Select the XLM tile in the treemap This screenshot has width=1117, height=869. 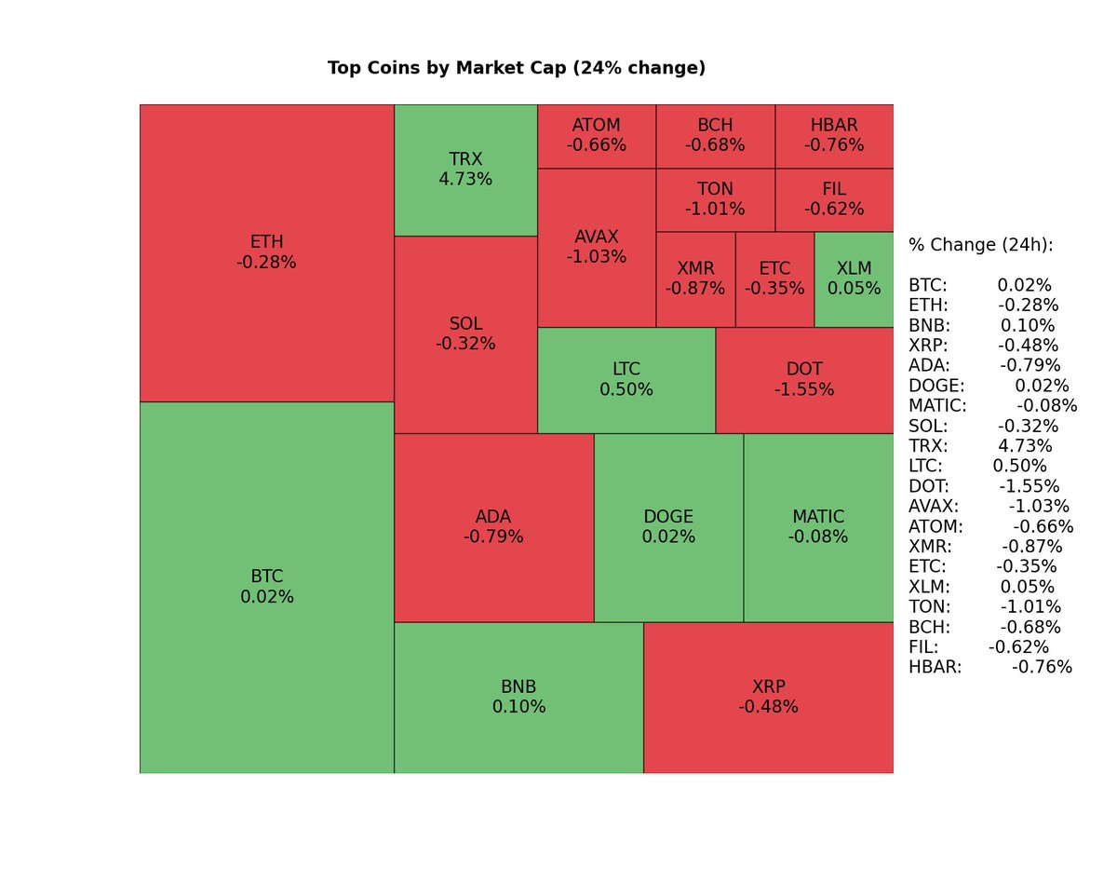click(854, 279)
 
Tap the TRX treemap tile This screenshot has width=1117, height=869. click(465, 170)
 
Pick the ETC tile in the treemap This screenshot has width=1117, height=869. click(774, 279)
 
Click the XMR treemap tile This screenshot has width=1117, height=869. click(695, 279)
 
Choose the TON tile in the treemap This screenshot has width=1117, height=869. click(715, 199)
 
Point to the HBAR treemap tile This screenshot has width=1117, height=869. click(834, 136)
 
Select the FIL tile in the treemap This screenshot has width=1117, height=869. click(834, 199)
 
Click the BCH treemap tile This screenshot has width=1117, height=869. click(715, 136)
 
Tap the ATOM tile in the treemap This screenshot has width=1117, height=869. click(597, 136)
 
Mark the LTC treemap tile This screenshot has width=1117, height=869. click(626, 380)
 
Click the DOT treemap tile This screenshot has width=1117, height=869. click(804, 380)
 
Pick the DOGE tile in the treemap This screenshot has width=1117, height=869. click(668, 527)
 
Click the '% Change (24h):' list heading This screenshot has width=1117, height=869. click(981, 245)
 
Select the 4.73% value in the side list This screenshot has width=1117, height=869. click(1025, 446)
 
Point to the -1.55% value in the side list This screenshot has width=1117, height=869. click(1030, 486)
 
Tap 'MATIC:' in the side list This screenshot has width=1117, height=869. click(937, 406)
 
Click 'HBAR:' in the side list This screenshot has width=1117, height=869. click(935, 667)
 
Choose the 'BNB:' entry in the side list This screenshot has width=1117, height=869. click(927, 326)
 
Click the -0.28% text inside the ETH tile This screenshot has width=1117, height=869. click(266, 263)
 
